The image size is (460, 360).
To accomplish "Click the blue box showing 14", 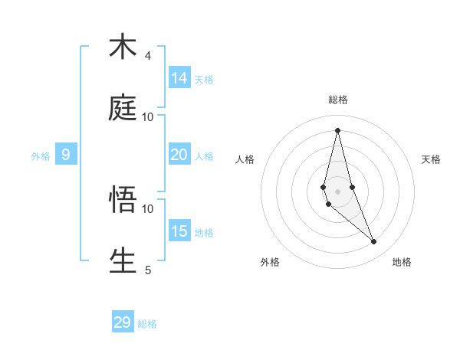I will pos(179,77).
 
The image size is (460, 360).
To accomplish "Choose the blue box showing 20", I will pos(179,155).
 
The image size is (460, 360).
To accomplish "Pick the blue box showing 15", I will pos(179,231).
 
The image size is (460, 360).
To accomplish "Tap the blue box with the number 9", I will pos(66,155).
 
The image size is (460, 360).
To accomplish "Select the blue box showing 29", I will pos(123,322).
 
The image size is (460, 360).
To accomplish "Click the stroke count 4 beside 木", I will pos(148,56).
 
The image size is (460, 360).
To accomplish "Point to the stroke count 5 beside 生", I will pos(148,270).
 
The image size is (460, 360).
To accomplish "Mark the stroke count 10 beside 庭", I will pos(148,117).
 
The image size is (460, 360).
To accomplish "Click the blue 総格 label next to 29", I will pos(147,324).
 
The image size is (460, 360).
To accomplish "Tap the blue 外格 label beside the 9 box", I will pos(41,156).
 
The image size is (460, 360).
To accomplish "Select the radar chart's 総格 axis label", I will pos(338,100).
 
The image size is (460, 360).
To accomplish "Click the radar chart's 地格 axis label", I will pos(402,262).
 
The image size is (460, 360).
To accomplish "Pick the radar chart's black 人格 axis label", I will pos(245,159).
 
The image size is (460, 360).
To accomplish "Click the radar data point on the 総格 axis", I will pos(337,130).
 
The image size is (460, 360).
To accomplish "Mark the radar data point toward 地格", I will pos(374,242).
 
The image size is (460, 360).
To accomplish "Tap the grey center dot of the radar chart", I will pos(337,191).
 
